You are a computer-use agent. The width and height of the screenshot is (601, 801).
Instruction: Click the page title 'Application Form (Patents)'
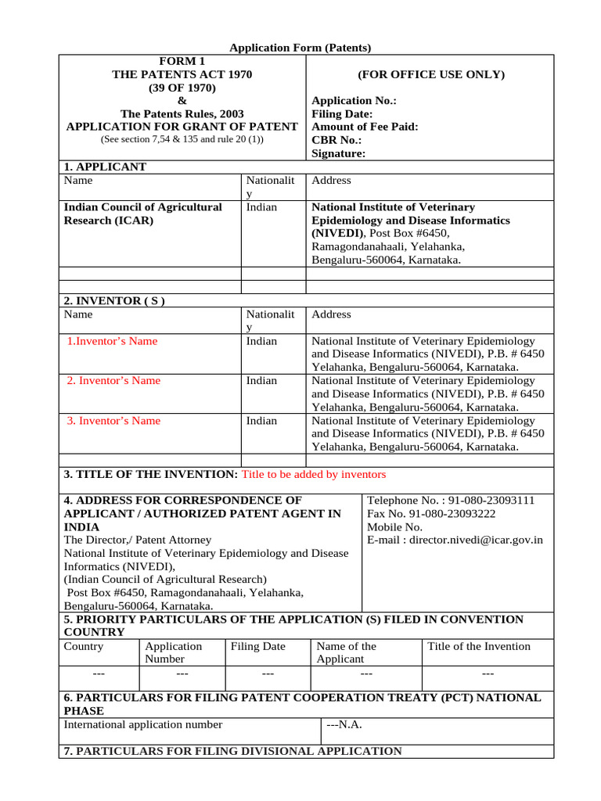click(x=300, y=48)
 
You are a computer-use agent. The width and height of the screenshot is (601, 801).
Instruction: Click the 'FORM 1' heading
click(x=182, y=61)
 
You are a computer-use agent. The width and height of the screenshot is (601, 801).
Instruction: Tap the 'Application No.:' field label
click(x=354, y=101)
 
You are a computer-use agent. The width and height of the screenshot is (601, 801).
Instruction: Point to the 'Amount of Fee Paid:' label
click(x=365, y=127)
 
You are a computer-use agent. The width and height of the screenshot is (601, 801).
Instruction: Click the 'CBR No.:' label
click(x=336, y=140)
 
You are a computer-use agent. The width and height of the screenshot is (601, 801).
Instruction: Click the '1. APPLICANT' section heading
click(x=104, y=167)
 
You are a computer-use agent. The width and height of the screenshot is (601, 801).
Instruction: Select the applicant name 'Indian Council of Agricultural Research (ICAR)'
click(x=142, y=214)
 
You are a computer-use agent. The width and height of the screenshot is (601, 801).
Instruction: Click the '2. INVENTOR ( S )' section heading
click(x=113, y=300)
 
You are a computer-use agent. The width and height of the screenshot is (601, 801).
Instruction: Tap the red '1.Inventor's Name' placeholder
click(x=112, y=341)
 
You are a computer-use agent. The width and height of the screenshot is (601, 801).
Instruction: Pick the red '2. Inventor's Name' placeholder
click(x=113, y=381)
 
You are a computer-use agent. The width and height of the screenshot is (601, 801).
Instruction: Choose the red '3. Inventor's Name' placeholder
click(x=113, y=421)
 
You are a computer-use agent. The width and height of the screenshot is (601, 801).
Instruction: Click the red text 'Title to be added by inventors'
click(x=314, y=475)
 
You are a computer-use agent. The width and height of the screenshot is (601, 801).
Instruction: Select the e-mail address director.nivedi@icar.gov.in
click(x=476, y=540)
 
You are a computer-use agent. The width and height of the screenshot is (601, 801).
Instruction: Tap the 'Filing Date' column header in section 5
click(x=257, y=647)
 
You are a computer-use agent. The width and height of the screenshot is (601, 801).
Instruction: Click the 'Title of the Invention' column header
click(x=478, y=647)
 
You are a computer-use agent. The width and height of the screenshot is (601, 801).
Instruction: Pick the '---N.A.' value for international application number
click(x=344, y=724)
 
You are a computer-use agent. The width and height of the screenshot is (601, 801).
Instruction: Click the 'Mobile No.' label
click(x=395, y=526)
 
